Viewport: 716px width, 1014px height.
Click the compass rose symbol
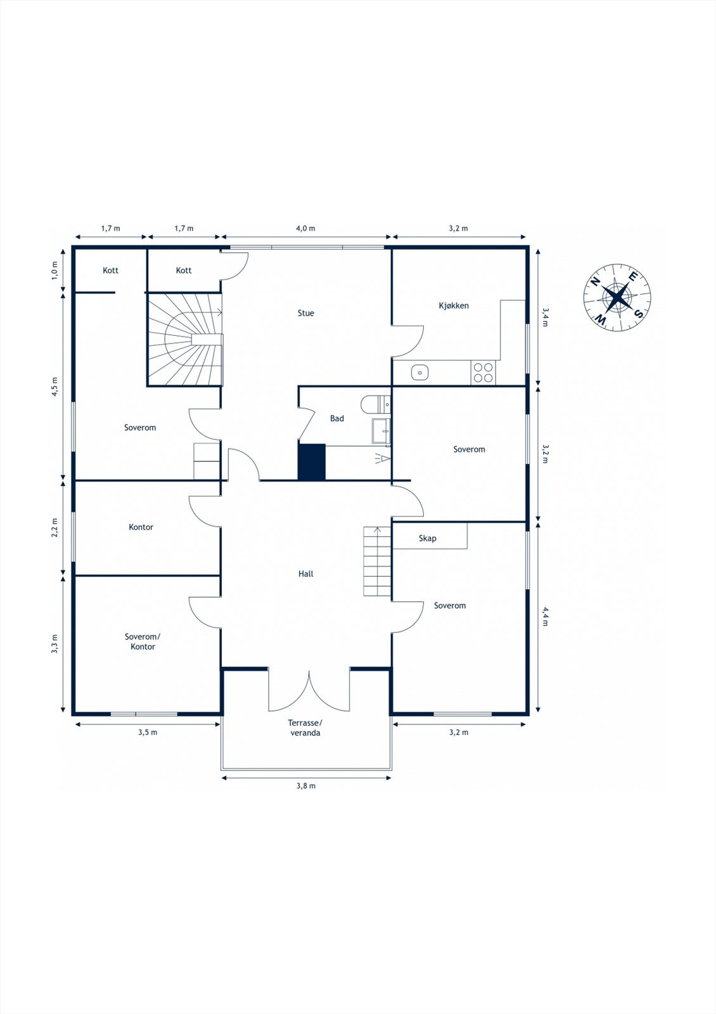click(x=617, y=297)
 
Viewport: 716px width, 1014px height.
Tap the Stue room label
click(x=305, y=313)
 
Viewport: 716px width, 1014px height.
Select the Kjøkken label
click(x=454, y=305)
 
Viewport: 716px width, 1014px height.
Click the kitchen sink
click(x=420, y=373)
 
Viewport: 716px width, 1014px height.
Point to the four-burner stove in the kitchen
click(x=483, y=373)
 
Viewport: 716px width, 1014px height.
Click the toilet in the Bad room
click(x=376, y=404)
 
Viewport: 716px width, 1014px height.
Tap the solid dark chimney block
click(x=311, y=462)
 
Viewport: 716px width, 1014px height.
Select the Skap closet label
click(x=427, y=538)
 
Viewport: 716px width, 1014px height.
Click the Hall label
click(x=305, y=574)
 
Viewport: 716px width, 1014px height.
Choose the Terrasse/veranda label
click(x=305, y=728)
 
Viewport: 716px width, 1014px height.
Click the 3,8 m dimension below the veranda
click(x=305, y=786)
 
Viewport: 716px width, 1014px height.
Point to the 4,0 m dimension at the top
click(x=305, y=228)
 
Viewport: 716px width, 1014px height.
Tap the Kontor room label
click(x=141, y=527)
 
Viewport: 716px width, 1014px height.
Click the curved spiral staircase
click(x=186, y=340)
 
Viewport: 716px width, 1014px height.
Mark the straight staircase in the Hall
click(x=377, y=562)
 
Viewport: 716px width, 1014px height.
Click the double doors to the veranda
click(x=309, y=691)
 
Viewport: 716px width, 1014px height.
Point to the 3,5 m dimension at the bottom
click(x=148, y=733)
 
